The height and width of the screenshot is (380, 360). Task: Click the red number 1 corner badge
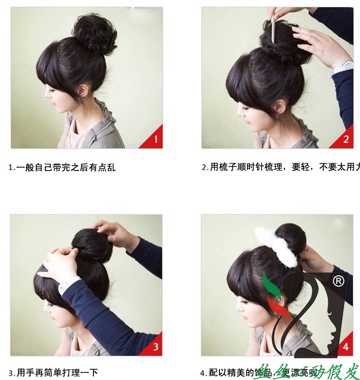[x=154, y=139]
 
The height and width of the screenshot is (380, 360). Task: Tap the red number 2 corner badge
[x=345, y=139]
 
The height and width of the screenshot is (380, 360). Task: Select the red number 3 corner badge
[x=154, y=346]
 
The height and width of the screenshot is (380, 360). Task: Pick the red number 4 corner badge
[x=345, y=346]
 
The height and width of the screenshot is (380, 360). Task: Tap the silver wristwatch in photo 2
[x=343, y=67]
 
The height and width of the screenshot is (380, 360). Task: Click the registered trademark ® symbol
[x=338, y=281]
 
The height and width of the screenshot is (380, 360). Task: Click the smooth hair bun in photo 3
[x=91, y=245]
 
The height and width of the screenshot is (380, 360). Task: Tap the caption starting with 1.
[x=62, y=167]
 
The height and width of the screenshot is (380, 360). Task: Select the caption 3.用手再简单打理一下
[x=53, y=373]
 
